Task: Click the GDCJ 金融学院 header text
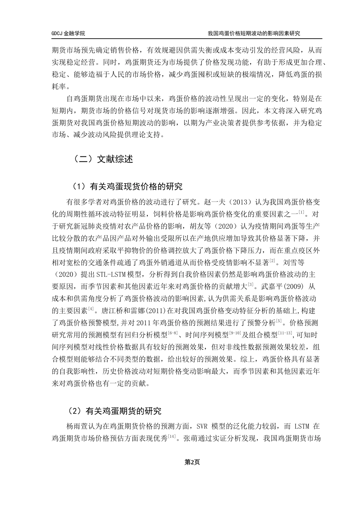coord(68,33)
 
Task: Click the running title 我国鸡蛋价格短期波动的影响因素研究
coord(254,33)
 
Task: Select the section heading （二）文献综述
coord(103,159)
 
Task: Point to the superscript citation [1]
coord(302,212)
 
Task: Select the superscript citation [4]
coord(91,309)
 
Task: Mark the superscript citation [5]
coord(279,321)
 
